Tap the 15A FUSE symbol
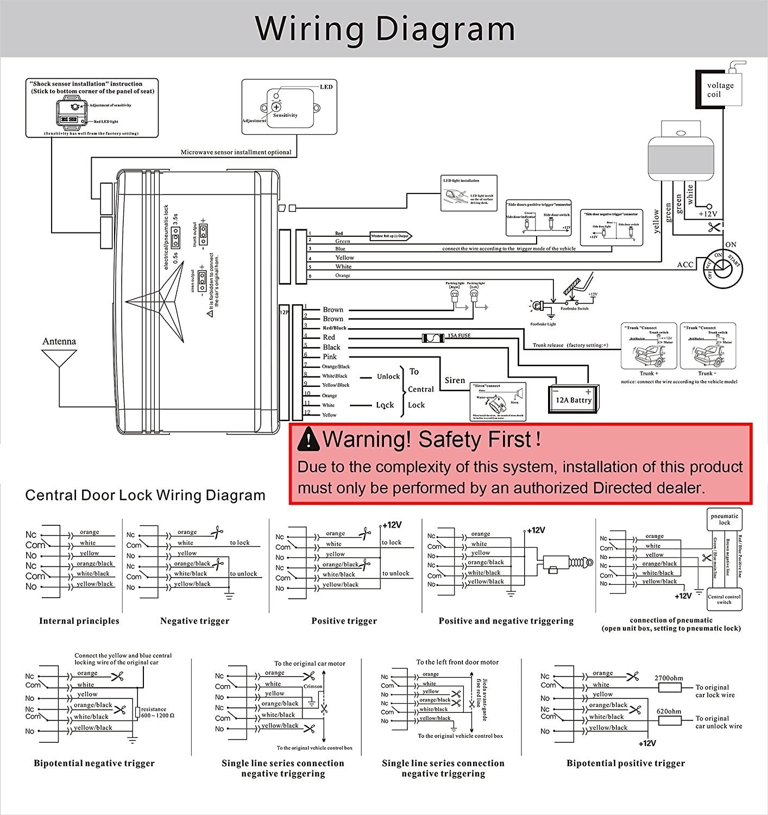pos(434,337)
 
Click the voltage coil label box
pos(720,90)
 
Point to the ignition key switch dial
pos(722,267)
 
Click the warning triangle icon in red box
pos(309,439)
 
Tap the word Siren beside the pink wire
pos(455,380)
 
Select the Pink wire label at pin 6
pos(330,356)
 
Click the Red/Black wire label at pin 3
pos(335,328)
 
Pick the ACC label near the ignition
pos(685,265)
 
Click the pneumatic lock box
pos(725,519)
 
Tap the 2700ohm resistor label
pos(669,678)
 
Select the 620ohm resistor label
pos(669,711)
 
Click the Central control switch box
pos(724,599)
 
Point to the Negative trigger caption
pos(194,620)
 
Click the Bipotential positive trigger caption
pos(626,763)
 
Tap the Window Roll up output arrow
pos(391,236)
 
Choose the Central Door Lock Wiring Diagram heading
pos(146,495)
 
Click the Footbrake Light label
pos(543,324)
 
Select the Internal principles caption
pos(79,620)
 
